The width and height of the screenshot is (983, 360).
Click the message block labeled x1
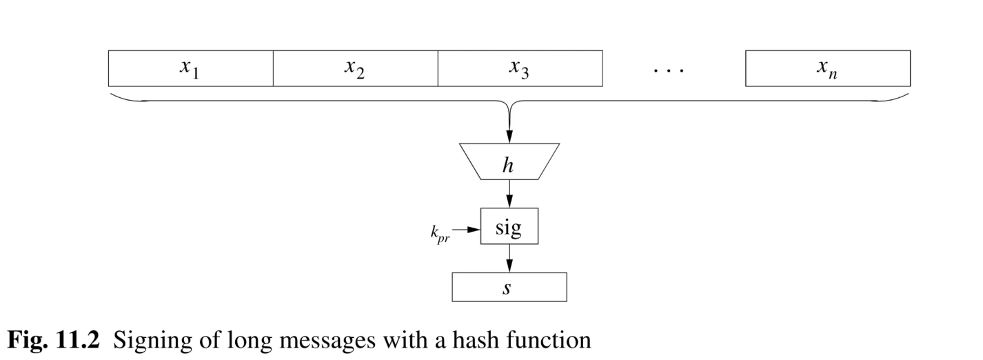coord(190,68)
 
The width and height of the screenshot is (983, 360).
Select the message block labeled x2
coord(355,68)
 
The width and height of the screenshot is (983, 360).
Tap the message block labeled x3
coord(520,68)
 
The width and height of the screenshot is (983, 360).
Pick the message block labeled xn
coord(827,68)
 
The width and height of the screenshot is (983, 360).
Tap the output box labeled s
coord(509,287)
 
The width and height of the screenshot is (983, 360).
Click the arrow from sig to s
coord(509,259)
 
